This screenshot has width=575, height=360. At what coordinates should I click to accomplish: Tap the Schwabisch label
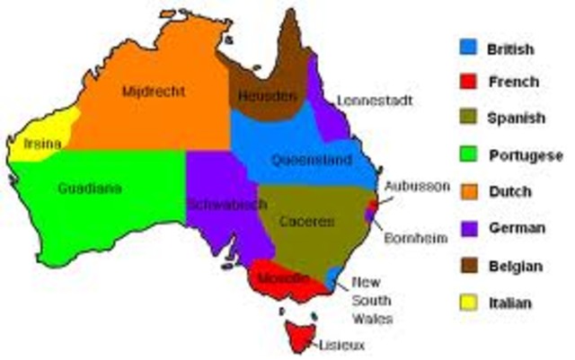(226, 204)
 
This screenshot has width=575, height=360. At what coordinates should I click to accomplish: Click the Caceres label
(306, 220)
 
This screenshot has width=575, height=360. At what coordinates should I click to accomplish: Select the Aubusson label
(416, 186)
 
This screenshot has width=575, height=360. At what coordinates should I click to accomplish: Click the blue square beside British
(466, 46)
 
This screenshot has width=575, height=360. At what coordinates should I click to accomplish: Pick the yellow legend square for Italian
(466, 303)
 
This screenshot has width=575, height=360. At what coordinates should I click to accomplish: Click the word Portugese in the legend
(526, 155)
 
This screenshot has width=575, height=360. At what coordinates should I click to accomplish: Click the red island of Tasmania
(299, 333)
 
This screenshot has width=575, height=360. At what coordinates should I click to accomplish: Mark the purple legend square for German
(466, 229)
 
